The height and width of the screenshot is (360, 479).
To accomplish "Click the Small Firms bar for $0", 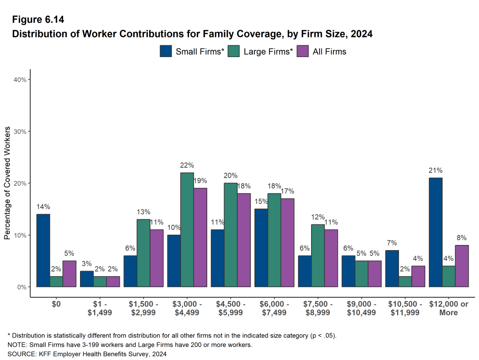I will pos(43,250).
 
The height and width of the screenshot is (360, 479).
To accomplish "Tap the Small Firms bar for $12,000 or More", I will pos(435,232).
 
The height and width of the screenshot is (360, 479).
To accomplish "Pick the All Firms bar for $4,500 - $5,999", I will pos(244,240).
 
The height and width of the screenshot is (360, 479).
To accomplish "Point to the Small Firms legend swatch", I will pos(166,51).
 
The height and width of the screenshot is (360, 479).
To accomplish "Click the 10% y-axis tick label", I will pos(20,235).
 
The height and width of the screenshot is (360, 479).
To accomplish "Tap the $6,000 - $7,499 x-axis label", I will pos(274,308).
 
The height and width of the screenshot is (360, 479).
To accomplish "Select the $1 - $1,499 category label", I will pos(100,308).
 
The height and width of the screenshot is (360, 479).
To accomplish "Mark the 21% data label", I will pos(435,170).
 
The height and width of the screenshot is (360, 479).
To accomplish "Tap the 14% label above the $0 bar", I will pos(43,207).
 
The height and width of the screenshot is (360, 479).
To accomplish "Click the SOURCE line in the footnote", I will pos(87,354).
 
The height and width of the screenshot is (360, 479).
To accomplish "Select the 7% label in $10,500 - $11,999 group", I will pos(392,243).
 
